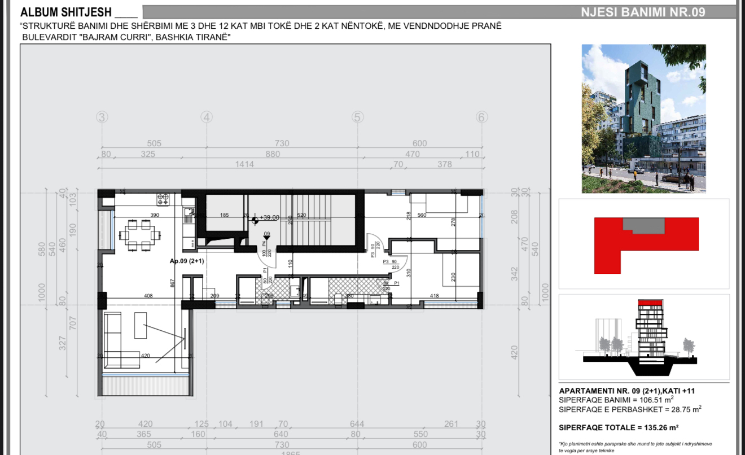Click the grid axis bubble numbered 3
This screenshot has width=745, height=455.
pyautogui.click(x=102, y=117)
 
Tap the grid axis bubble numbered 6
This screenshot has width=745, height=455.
pyautogui.click(x=481, y=117)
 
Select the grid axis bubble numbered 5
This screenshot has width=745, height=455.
pyautogui.click(x=357, y=117)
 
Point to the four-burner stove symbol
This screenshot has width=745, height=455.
pyautogui.click(x=163, y=199)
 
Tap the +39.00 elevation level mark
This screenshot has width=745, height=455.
pyautogui.click(x=269, y=217)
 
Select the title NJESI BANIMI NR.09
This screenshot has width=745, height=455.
pyautogui.click(x=643, y=12)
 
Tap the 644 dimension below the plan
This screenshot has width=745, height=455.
pyautogui.click(x=356, y=424)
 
